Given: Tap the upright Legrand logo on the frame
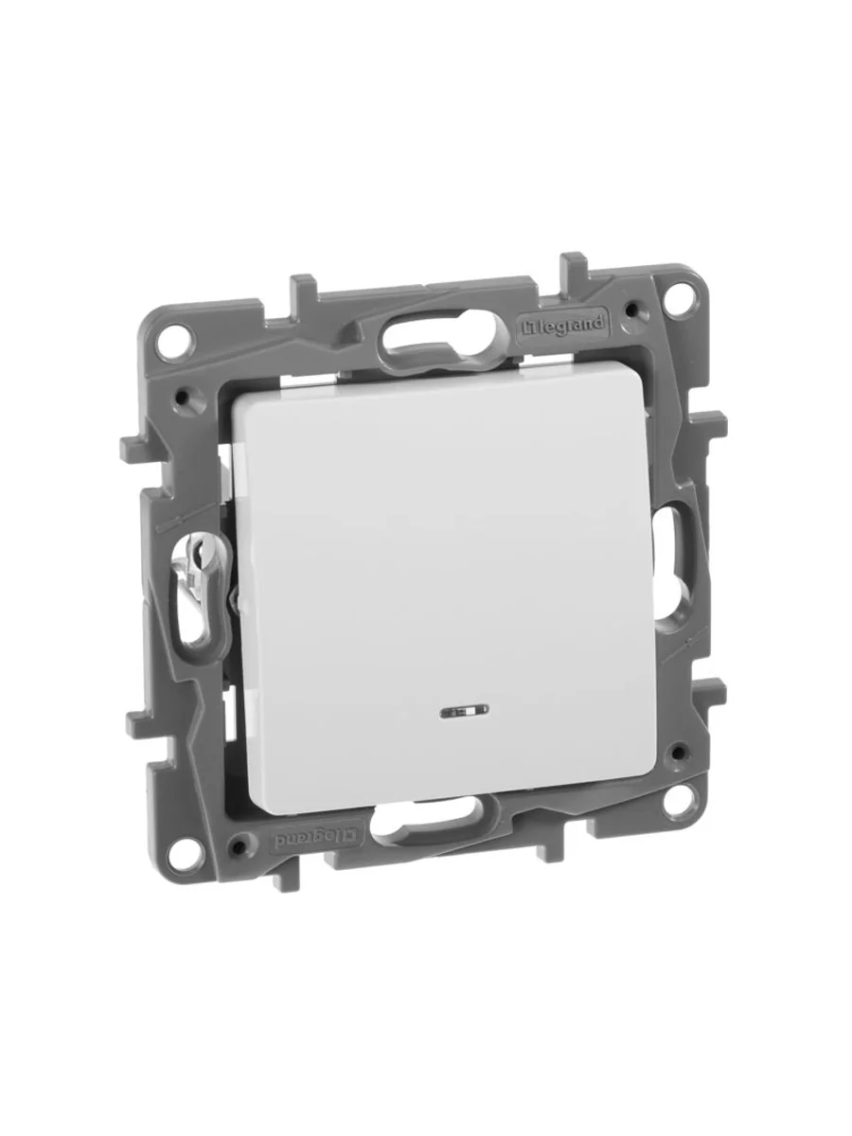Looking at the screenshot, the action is pos(561,325).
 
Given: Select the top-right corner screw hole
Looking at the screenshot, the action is pos(677,301).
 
